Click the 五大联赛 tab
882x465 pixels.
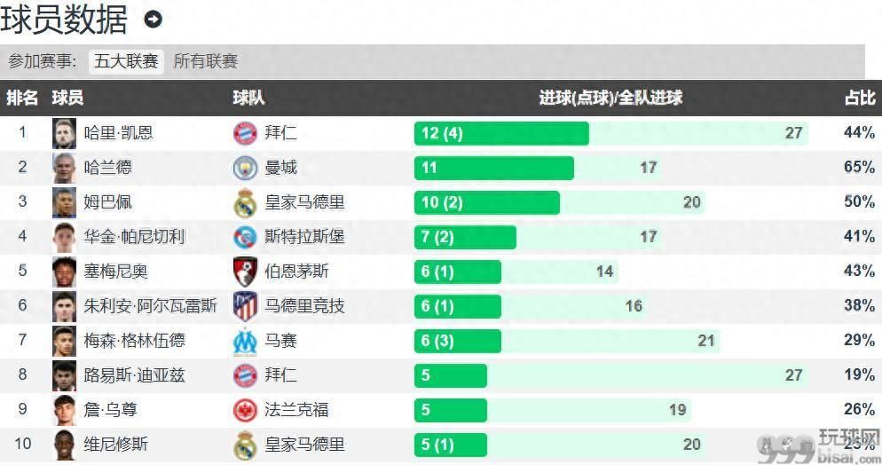pyautogui.click(x=126, y=61)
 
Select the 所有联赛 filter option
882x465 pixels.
pyautogui.click(x=206, y=61)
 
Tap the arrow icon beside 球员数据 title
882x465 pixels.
pyautogui.click(x=153, y=19)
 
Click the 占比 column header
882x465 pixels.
pyautogui.click(x=859, y=98)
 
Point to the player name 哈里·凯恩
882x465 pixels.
pyautogui.click(x=118, y=133)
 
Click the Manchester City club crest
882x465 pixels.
pyautogui.click(x=244, y=168)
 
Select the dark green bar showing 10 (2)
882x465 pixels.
pyautogui.click(x=486, y=202)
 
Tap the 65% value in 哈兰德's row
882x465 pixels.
pyautogui.click(x=859, y=167)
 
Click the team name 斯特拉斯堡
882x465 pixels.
pyautogui.click(x=304, y=237)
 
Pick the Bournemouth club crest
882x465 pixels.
pyautogui.click(x=244, y=272)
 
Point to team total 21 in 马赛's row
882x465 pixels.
pyautogui.click(x=705, y=341)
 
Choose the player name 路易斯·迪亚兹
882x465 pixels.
pyautogui.click(x=134, y=375)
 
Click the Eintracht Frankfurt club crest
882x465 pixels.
pyautogui.click(x=244, y=410)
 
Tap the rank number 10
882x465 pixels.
pyautogui.click(x=23, y=445)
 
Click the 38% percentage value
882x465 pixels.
pyautogui.click(x=859, y=306)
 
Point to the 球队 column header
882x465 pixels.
pyautogui.click(x=248, y=98)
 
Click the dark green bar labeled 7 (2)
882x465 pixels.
pyautogui.click(x=464, y=237)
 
